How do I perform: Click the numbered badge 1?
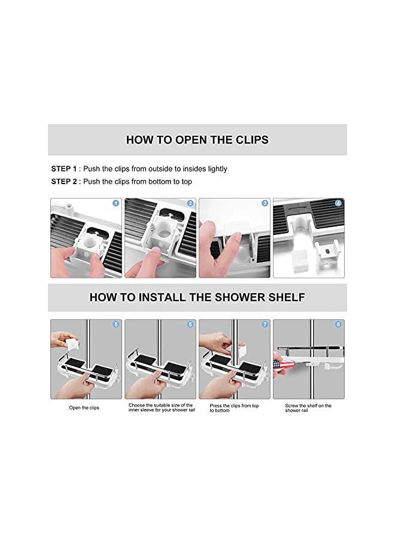(116, 203)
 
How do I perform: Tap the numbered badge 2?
(190, 203)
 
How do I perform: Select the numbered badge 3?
(265, 203)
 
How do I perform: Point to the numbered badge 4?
(338, 203)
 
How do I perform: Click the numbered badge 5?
(116, 324)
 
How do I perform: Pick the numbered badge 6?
(190, 324)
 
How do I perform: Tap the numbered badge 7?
(265, 324)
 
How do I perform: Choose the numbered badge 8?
(338, 324)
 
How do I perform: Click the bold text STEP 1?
(64, 169)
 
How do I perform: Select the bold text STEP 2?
(64, 182)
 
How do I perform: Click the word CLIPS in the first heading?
(252, 140)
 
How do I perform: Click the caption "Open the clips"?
(84, 408)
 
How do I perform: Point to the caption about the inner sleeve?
(162, 408)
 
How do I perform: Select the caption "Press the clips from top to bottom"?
(234, 408)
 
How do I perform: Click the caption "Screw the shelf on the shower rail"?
(308, 408)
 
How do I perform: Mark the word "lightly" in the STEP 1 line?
(217, 169)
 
